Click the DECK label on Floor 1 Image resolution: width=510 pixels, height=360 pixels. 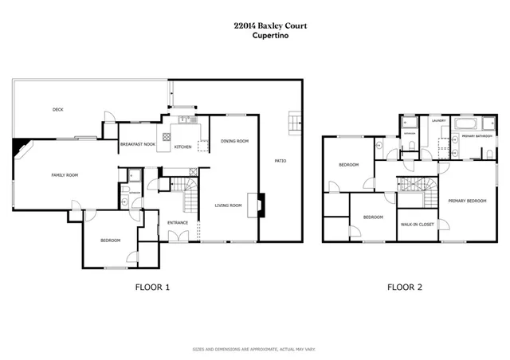57,109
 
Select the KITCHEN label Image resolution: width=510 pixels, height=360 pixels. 183,147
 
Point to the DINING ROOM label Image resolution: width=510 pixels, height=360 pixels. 235,141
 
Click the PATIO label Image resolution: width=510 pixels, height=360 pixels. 280,162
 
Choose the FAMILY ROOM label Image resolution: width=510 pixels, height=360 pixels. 65,174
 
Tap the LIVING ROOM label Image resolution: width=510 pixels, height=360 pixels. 228,205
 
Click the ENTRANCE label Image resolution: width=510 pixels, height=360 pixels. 178,222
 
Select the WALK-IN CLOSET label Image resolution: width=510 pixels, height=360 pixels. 417,224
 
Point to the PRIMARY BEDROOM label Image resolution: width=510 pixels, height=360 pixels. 466,201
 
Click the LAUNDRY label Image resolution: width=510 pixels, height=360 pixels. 438,121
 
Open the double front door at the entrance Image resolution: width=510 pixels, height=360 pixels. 178,237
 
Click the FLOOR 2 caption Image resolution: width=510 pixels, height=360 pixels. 405,288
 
